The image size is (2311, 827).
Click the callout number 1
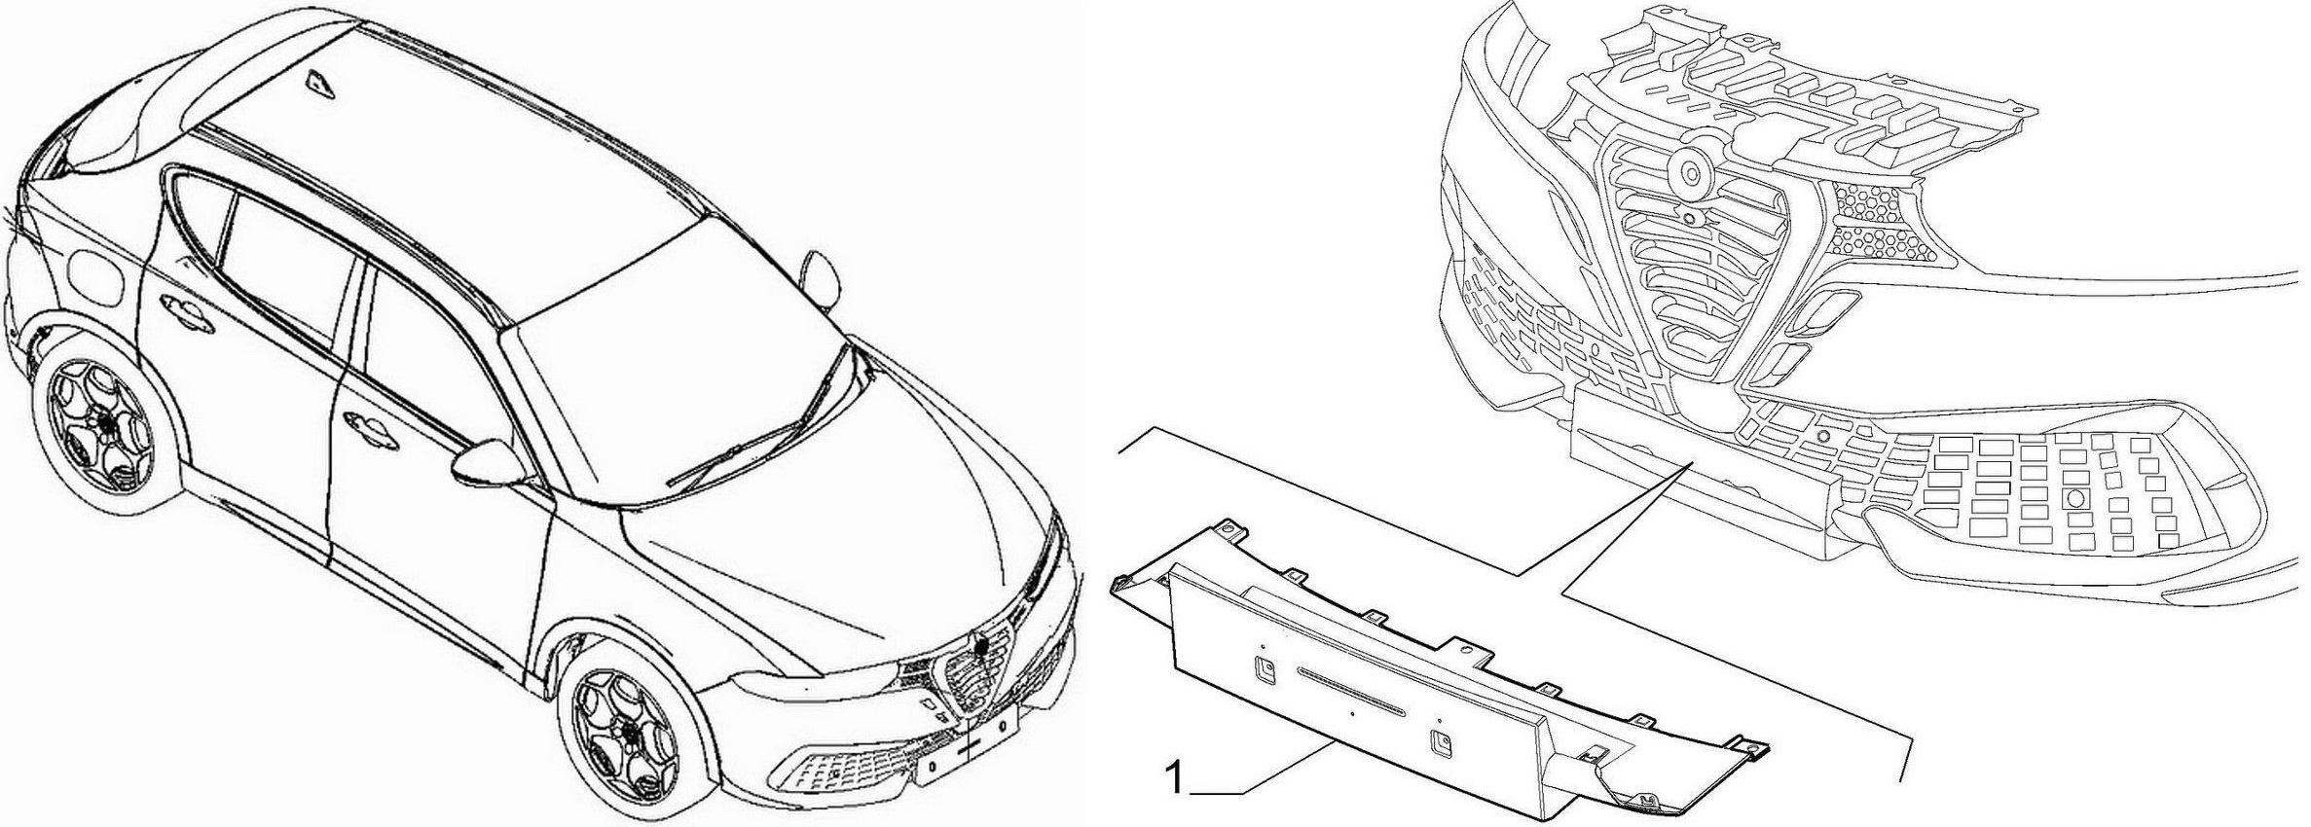[1175, 779]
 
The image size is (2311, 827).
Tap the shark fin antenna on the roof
[319, 84]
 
